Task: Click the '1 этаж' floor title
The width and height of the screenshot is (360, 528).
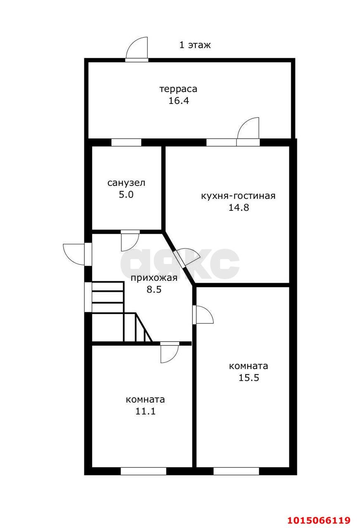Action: click(195, 45)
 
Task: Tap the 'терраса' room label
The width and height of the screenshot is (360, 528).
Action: click(178, 89)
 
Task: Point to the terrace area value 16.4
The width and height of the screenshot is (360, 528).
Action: click(179, 101)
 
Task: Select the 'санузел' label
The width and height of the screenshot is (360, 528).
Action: click(126, 183)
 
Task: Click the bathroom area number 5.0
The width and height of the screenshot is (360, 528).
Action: click(126, 195)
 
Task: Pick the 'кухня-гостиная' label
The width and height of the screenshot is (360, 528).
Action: click(238, 196)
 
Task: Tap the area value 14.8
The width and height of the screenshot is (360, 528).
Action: click(239, 207)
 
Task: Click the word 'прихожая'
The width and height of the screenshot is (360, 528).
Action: click(154, 278)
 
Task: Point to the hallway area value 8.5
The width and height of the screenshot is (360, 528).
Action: click(154, 290)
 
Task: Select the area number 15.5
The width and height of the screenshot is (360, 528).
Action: click(249, 377)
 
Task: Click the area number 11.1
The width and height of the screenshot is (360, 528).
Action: click(145, 411)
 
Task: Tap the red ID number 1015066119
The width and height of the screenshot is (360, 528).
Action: click(319, 520)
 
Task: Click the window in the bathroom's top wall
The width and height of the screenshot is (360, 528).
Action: click(126, 142)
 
